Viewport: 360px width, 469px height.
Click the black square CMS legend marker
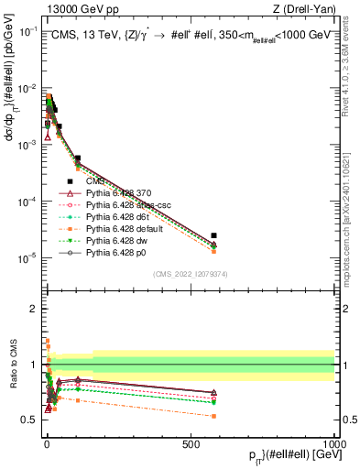click(x=71, y=181)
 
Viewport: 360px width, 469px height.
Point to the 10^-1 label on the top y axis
click(x=27, y=30)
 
